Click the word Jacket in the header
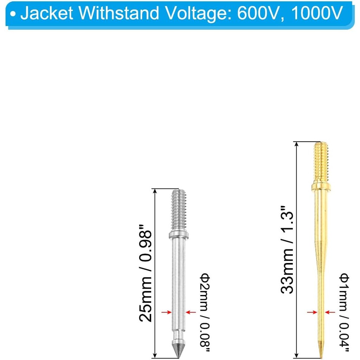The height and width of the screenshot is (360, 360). tap(46, 14)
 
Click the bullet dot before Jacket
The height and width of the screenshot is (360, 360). tap(13, 15)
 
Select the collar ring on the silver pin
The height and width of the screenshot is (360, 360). tap(178, 234)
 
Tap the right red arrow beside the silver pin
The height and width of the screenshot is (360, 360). tap(191, 312)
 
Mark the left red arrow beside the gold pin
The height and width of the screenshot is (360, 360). tap(311, 312)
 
